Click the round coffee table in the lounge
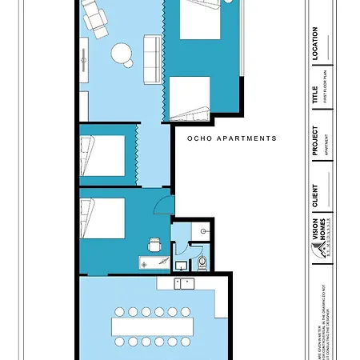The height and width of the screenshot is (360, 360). pyautogui.click(x=122, y=54)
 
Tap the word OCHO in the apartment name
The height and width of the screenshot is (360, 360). pyautogui.click(x=198, y=138)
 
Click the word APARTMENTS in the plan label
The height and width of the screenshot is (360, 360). pyautogui.click(x=245, y=138)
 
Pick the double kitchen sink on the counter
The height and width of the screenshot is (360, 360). pyautogui.click(x=185, y=282)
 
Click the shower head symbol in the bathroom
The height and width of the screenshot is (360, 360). pyautogui.click(x=206, y=231)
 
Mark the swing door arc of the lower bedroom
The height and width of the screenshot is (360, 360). pyautogui.click(x=163, y=206)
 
